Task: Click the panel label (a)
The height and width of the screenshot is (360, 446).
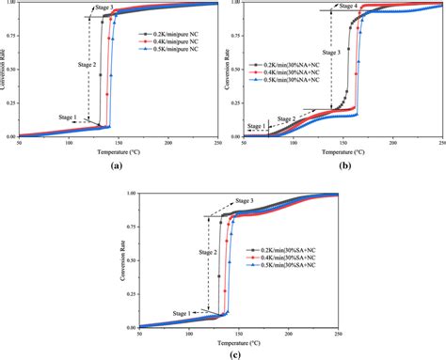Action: tap(116, 163)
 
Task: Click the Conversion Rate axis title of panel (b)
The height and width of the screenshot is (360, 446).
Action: tap(233, 70)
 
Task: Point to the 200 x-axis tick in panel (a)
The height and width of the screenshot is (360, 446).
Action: tap(168, 142)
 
